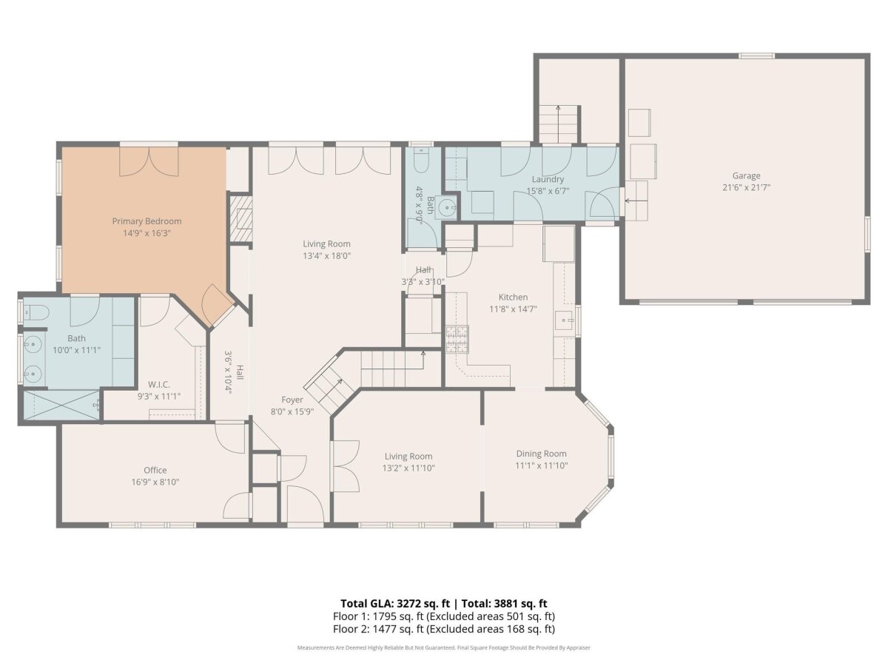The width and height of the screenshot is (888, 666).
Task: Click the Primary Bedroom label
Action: coord(147,221)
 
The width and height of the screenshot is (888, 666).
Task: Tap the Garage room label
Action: coord(746,175)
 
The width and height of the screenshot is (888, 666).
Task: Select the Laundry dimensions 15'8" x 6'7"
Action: coord(548,191)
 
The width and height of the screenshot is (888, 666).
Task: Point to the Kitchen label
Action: coord(513,297)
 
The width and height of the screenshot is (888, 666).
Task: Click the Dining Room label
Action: coord(541,454)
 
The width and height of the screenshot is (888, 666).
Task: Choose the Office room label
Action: coord(155,470)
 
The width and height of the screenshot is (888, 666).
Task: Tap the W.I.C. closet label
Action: coord(158,384)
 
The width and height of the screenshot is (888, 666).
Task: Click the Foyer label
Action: coord(292,400)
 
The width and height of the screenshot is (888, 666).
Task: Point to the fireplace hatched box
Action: coord(241,218)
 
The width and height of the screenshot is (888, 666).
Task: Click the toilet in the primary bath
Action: coord(36,312)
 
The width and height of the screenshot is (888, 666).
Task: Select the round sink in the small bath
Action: coord(448,208)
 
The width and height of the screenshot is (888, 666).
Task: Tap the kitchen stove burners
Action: coord(457,339)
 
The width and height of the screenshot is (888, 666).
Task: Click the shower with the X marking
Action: coord(61,405)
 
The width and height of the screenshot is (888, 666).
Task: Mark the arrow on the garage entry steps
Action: coord(636,200)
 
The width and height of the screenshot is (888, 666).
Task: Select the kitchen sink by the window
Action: coord(564,320)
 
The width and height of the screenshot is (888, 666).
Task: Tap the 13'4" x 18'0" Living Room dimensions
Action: coord(326,255)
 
